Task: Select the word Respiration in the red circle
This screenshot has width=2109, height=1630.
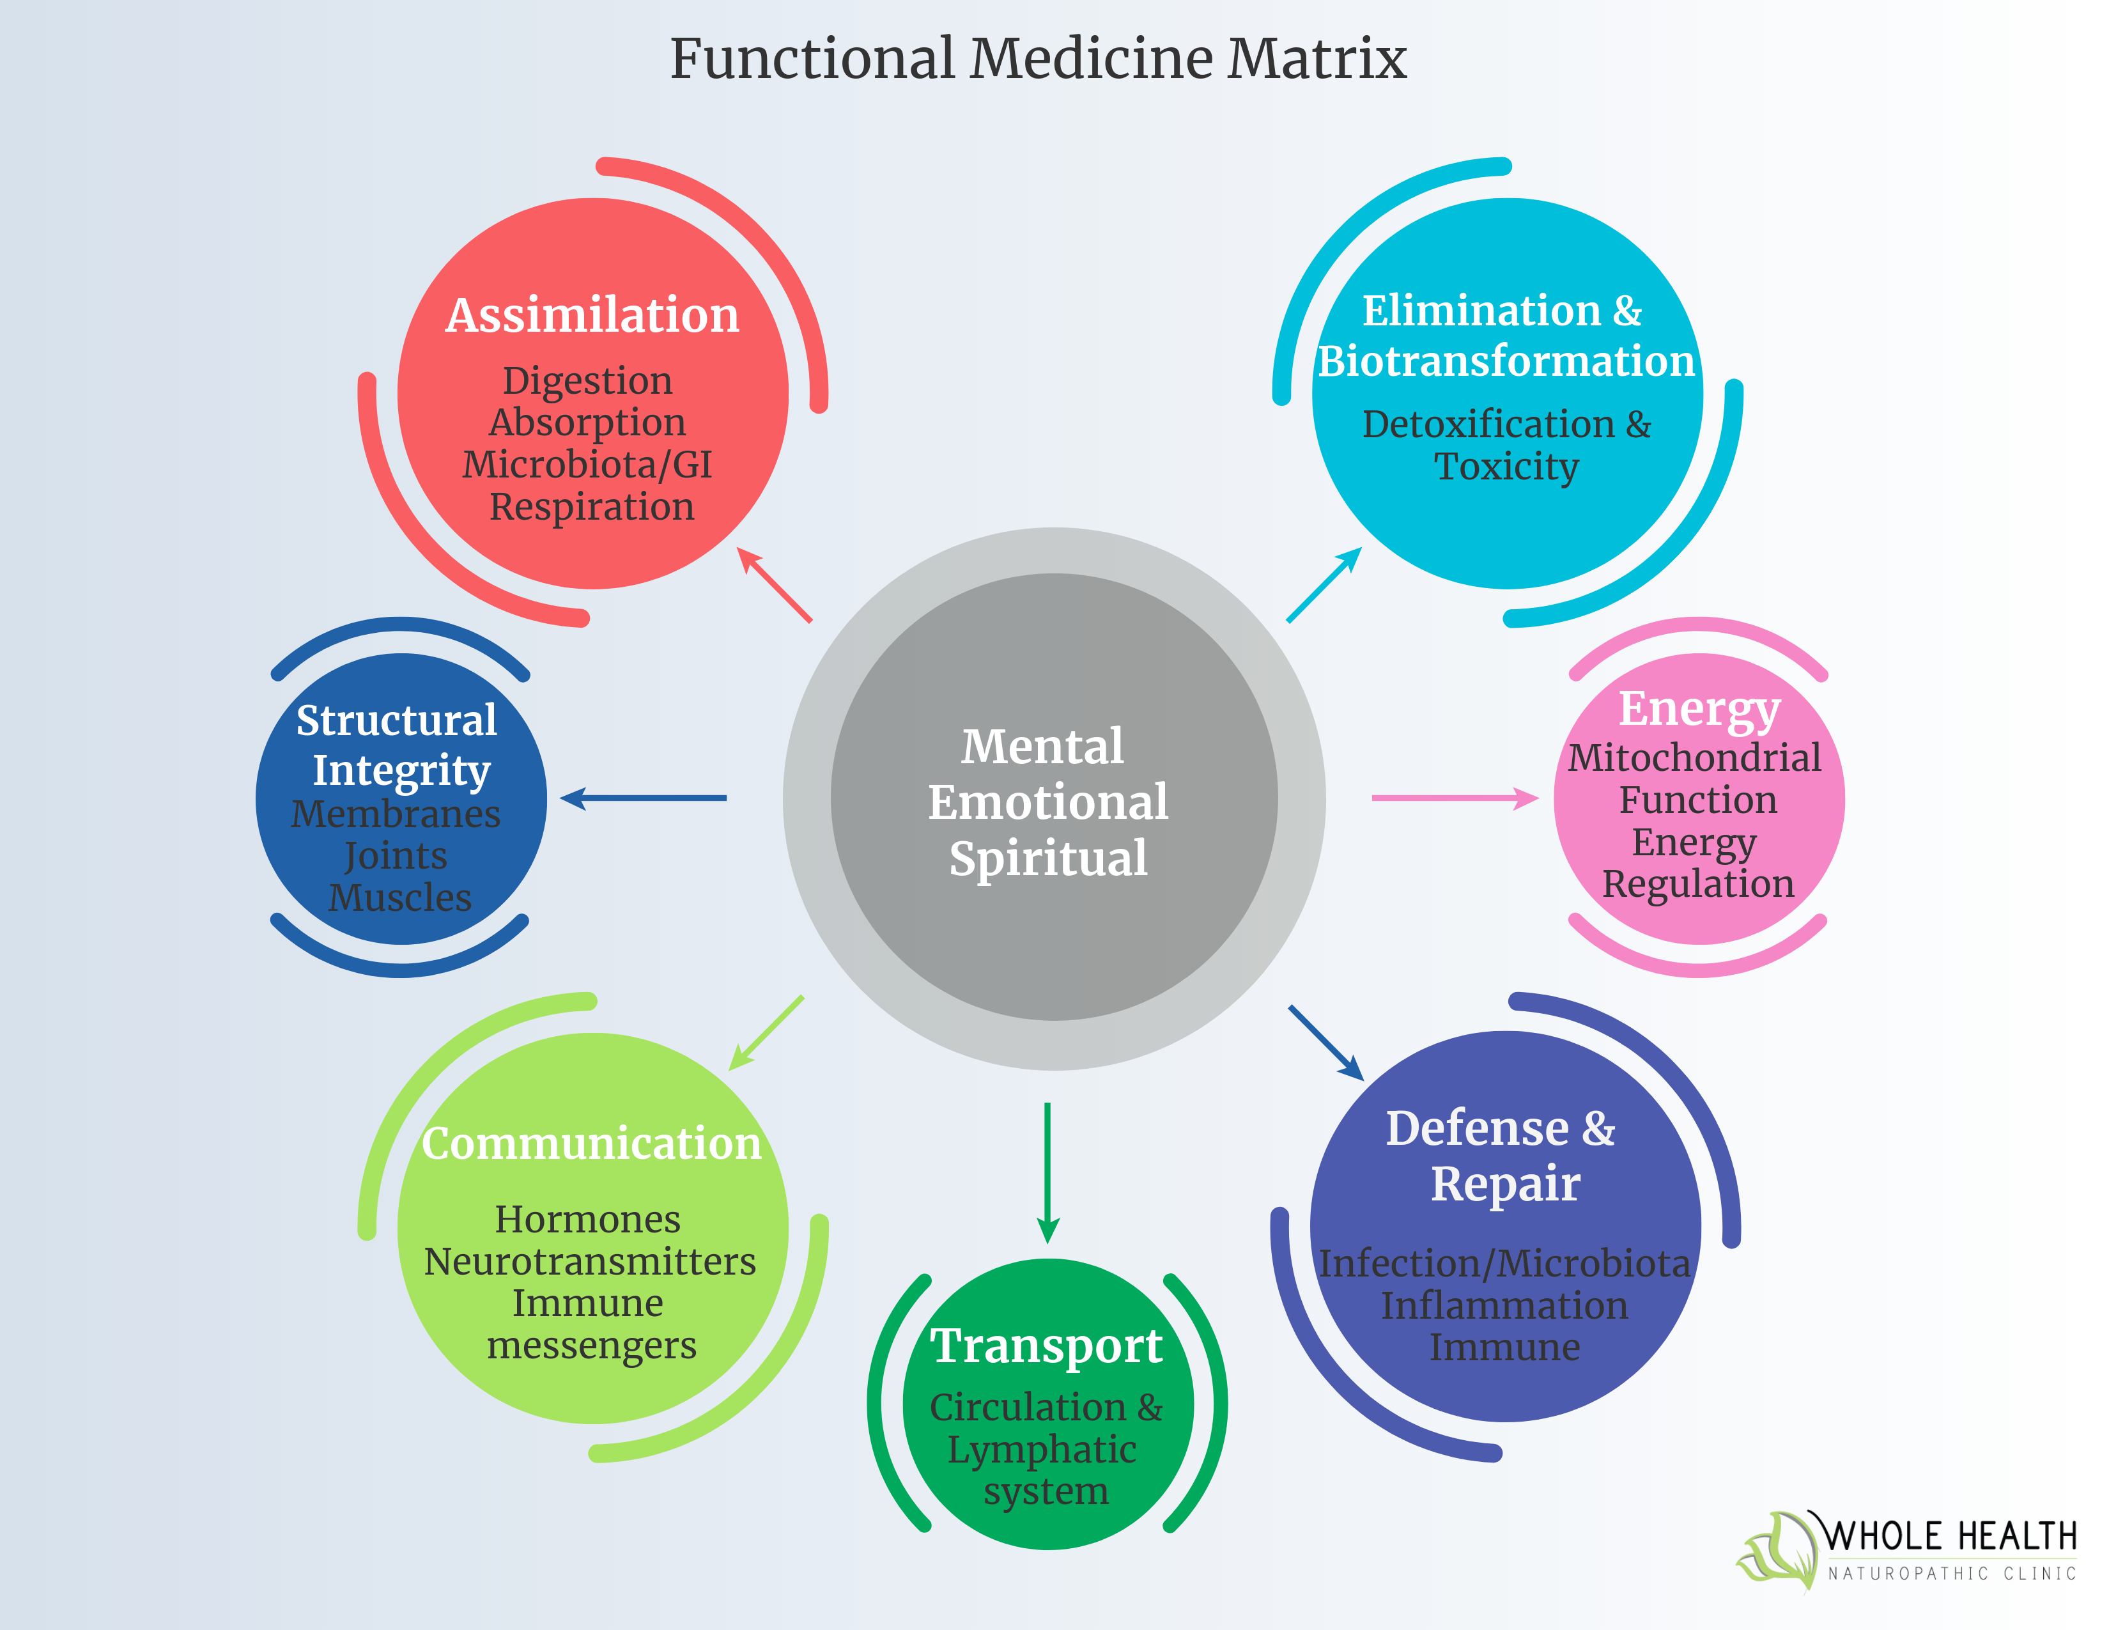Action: click(x=591, y=507)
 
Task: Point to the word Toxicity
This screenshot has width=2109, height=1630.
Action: click(x=1506, y=467)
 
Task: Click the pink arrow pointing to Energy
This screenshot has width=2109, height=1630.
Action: click(x=1453, y=798)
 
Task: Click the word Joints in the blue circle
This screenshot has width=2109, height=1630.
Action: click(x=396, y=855)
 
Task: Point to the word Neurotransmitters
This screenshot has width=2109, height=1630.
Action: click(x=590, y=1262)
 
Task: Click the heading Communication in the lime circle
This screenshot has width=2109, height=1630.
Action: click(x=592, y=1144)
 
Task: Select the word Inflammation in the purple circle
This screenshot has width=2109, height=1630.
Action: click(x=1504, y=1305)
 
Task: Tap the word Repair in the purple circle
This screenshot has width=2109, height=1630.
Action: click(x=1504, y=1184)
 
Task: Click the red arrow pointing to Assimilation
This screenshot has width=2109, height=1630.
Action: click(x=775, y=585)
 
